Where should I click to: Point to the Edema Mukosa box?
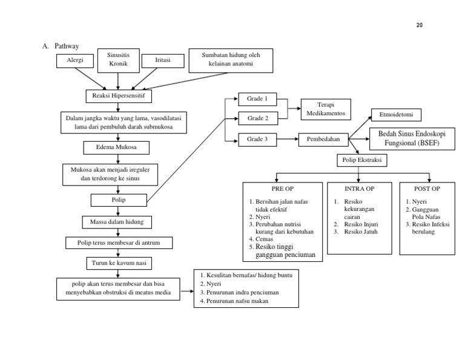coord(116,147)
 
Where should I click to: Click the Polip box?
coord(119,199)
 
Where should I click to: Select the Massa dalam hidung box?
coord(117,222)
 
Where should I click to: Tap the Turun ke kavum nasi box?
coord(119,263)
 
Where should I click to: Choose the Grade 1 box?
coord(258,98)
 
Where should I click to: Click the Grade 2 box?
coord(258,117)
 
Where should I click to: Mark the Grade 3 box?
coord(258,139)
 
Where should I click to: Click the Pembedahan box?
coord(323,139)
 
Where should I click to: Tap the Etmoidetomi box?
coord(396,114)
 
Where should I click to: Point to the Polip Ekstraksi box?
coord(361,160)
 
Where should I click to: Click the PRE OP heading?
coord(282,189)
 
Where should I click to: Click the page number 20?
coord(420,25)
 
